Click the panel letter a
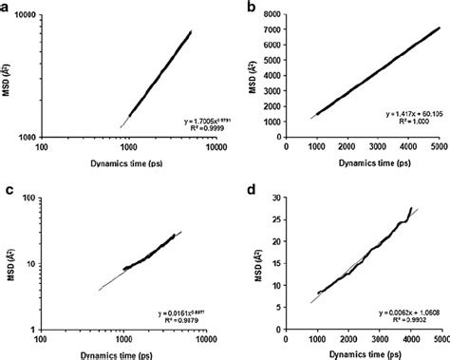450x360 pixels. click(7, 9)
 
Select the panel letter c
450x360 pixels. click(7, 187)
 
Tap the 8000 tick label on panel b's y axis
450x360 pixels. click(271, 13)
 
